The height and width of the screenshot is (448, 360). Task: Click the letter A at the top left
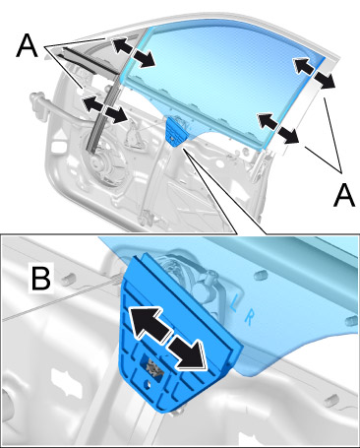(x=27, y=45)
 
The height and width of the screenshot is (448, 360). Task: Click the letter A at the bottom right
(x=344, y=195)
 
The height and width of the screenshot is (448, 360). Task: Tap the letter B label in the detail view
(x=40, y=279)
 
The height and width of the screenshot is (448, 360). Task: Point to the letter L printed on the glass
(x=233, y=303)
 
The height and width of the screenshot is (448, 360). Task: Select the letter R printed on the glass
(x=249, y=318)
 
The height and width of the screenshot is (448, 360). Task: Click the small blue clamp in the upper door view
(x=176, y=131)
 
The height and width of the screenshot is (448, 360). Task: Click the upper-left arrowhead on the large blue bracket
(x=148, y=323)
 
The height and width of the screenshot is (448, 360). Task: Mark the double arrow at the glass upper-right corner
(x=314, y=73)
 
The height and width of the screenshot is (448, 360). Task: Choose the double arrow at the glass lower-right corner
(x=278, y=128)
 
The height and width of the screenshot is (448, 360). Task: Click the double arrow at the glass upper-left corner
(x=133, y=52)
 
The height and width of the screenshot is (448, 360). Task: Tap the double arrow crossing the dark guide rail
(x=105, y=109)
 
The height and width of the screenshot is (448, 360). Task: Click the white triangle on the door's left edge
(x=61, y=134)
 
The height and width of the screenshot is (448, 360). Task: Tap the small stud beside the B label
(x=67, y=279)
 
